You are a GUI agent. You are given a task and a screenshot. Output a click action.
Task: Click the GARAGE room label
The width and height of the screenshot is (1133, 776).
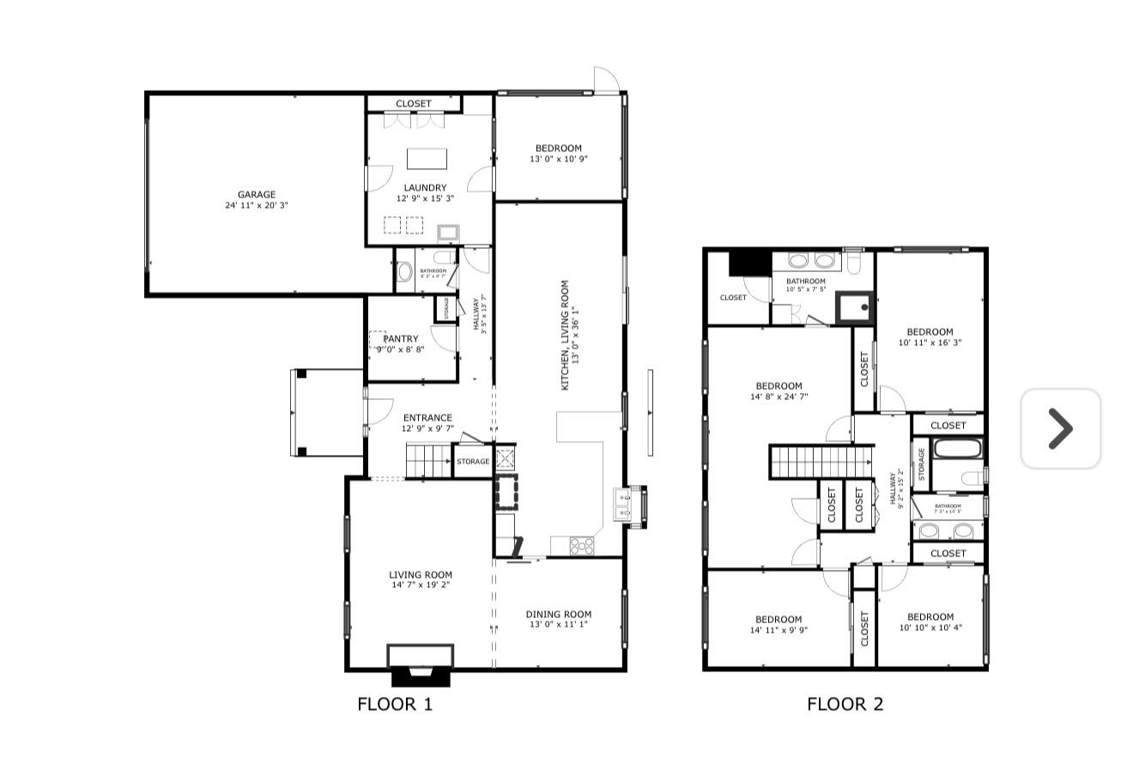[x=257, y=195]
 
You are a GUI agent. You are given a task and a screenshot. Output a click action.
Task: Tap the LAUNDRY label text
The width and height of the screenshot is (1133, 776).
[x=425, y=188]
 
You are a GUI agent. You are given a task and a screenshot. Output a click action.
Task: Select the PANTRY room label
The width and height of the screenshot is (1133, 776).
[x=401, y=339]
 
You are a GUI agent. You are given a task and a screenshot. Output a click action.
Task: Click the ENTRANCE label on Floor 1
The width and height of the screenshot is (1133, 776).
[x=427, y=418]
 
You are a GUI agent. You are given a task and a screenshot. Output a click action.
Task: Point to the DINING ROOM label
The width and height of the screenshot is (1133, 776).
[x=558, y=614]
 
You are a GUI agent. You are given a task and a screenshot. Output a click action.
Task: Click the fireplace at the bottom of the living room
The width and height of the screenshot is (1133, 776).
[x=421, y=664]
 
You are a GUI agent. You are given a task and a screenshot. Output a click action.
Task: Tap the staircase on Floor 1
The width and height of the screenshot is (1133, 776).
[x=428, y=461]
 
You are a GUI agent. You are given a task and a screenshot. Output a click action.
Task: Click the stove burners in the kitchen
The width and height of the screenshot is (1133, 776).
[x=581, y=544]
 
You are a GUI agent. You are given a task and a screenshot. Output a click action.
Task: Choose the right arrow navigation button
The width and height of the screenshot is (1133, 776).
[x=1060, y=428]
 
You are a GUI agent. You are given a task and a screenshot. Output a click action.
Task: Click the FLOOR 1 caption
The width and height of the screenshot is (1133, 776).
[x=395, y=705]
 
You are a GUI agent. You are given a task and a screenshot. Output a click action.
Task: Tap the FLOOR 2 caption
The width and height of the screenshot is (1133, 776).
[x=845, y=705]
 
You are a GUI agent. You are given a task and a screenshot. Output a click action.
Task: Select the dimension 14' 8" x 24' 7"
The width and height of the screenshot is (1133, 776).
[x=779, y=397]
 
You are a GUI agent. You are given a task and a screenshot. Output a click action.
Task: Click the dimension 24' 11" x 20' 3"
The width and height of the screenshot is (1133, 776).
[x=257, y=205]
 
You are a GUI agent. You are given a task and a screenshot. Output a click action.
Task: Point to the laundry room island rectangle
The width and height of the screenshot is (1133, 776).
[x=427, y=159]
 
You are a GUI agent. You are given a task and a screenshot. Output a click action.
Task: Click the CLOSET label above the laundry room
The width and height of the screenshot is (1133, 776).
[x=414, y=104]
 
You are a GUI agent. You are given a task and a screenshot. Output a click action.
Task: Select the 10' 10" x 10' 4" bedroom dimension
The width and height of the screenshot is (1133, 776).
[x=930, y=627]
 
